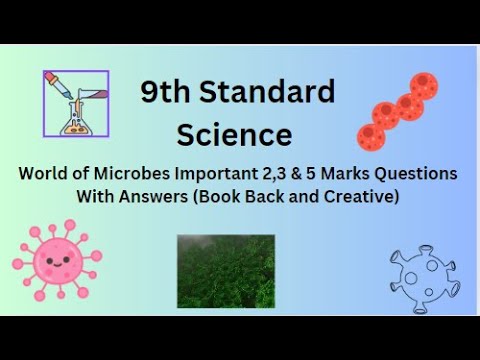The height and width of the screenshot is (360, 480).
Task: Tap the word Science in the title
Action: coord(234,134)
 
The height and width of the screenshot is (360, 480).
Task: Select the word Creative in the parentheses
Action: coord(358,197)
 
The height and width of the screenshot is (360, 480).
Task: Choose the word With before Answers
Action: coord(96,197)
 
